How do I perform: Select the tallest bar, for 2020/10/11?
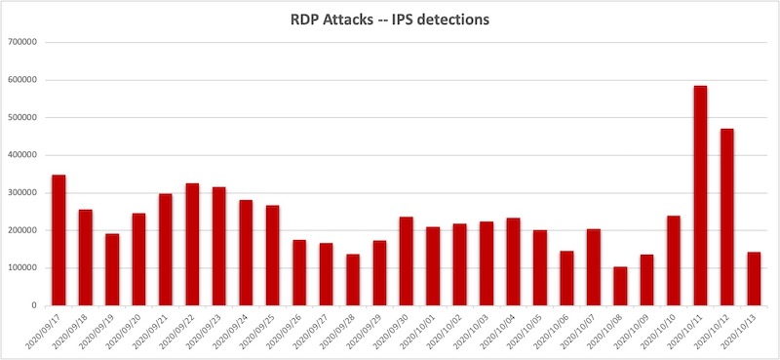[700, 195]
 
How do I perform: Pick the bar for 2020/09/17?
[58, 240]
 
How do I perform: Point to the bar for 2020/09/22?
[192, 244]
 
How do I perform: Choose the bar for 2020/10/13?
[753, 279]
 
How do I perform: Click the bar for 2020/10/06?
[565, 278]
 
